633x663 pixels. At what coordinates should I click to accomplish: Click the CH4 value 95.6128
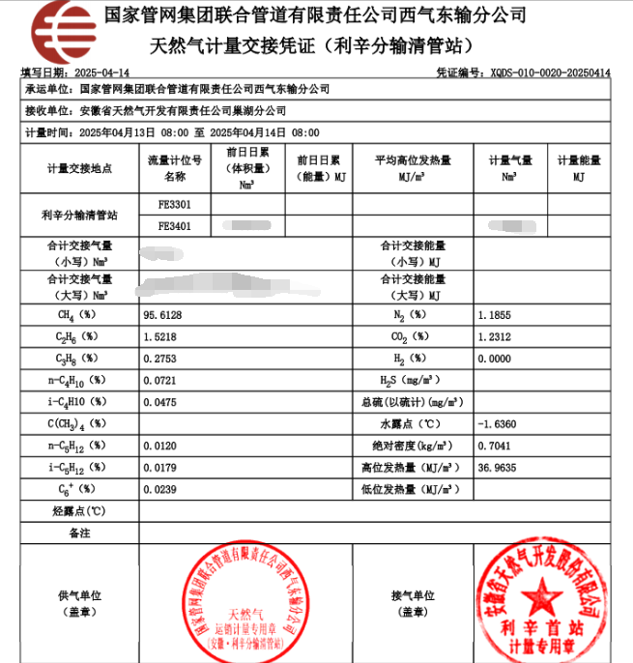click(162, 315)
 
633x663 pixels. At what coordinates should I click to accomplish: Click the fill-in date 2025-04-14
click(101, 72)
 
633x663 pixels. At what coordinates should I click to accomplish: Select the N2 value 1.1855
click(494, 315)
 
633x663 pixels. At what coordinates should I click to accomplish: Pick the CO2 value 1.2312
click(494, 336)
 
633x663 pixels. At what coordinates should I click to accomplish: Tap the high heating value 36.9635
click(497, 468)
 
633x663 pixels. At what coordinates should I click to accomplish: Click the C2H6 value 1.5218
click(162, 336)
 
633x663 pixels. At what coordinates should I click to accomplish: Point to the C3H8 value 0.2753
click(162, 359)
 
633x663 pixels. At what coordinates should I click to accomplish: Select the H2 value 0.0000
click(494, 359)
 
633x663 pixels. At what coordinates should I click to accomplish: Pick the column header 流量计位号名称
click(174, 168)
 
